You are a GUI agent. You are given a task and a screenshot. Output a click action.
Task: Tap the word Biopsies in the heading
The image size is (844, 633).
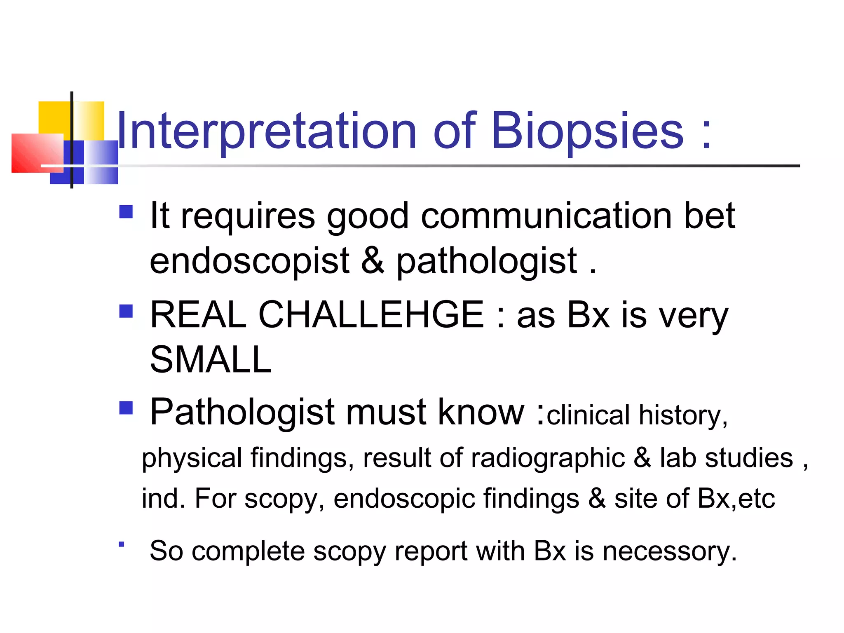coord(587,131)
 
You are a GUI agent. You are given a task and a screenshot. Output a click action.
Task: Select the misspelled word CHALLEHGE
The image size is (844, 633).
coord(371,315)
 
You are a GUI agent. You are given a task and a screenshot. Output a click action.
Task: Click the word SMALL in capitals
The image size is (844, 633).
coord(211,360)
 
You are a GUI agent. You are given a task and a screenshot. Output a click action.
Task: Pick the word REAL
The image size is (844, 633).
coord(198,315)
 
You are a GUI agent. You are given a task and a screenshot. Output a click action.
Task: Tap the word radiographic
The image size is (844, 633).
coord(548,458)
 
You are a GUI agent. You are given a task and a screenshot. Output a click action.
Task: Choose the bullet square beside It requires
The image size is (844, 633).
coord(126,212)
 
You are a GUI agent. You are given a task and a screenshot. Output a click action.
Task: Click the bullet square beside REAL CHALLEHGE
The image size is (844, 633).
coord(126,311)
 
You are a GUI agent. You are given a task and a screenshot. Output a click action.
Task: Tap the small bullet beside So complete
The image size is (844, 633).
coord(121,544)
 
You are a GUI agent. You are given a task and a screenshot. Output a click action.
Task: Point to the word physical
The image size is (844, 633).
coord(192,459)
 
